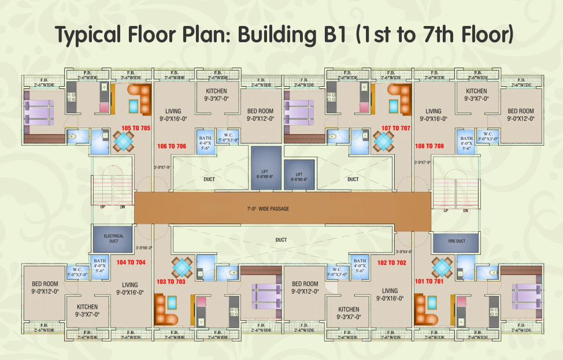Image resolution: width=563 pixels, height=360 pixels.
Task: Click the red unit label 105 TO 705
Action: coord(136,128)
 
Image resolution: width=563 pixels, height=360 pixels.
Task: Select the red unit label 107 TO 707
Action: coord(395,128)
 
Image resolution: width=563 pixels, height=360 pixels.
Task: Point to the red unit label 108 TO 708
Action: coord(429,146)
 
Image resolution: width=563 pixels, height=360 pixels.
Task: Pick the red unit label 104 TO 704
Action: coord(131,262)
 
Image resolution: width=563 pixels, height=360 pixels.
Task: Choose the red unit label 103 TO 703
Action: coord(171,281)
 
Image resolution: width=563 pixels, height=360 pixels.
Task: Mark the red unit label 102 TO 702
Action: coord(391,262)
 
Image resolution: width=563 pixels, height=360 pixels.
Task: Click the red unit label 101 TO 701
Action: coord(429,281)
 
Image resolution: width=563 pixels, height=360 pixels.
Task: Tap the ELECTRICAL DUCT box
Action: coord(113,239)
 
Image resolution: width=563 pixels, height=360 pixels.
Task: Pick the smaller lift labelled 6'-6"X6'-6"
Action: coord(299,176)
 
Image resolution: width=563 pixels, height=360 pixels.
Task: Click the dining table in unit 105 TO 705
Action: coord(123,140)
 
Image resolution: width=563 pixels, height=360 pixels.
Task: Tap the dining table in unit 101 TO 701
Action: coord(442,268)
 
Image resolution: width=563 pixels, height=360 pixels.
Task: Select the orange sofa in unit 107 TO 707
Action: coord(399,93)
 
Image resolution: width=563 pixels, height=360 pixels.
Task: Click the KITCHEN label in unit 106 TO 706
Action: coord(216,91)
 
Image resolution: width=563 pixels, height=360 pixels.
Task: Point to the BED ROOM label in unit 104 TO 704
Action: coord(45,284)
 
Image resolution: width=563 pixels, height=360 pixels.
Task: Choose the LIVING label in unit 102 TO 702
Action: coord(390,291)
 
